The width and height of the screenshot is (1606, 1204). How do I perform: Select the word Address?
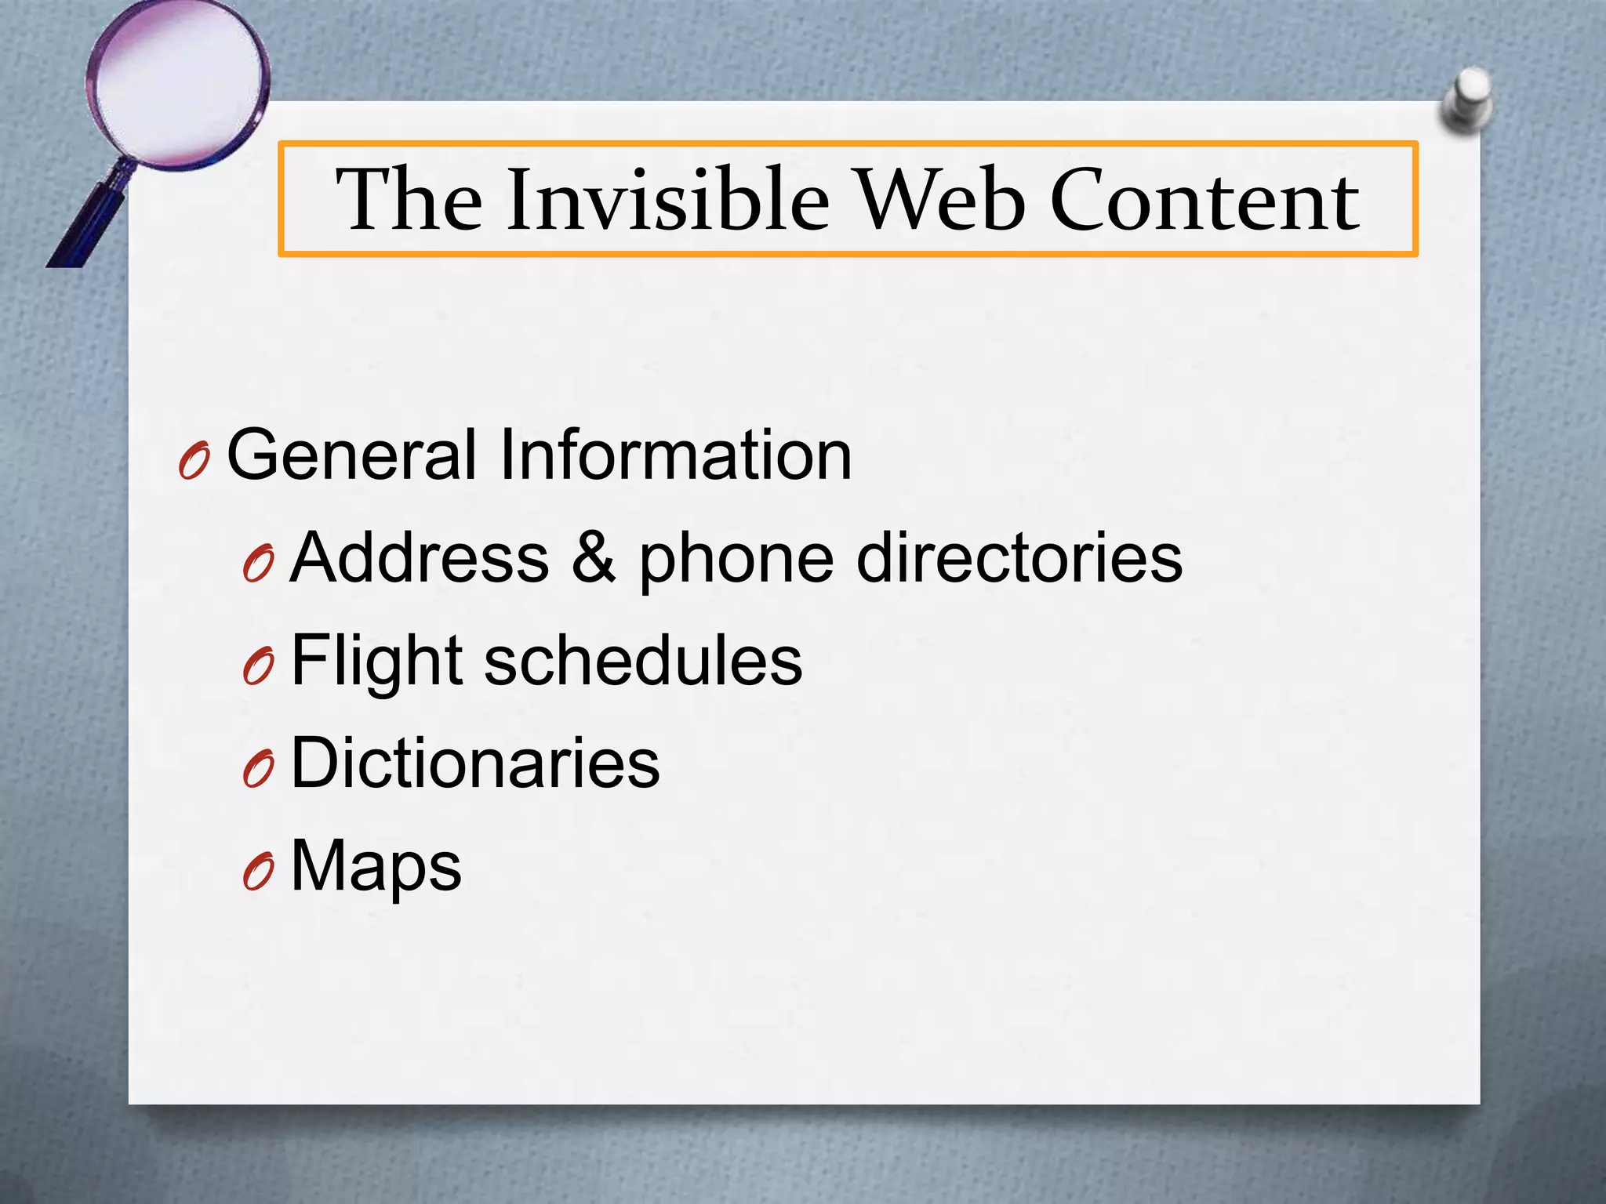(420, 557)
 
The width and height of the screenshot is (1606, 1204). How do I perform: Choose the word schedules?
(643, 661)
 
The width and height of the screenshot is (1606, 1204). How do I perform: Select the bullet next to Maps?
(258, 872)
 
